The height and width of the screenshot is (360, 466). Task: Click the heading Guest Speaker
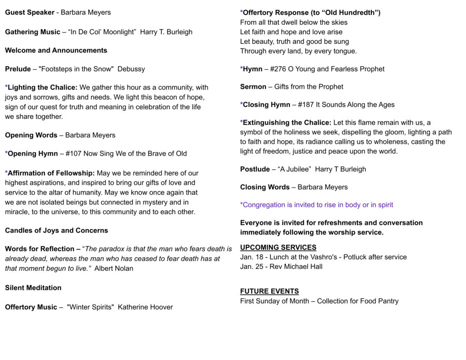click(x=30, y=12)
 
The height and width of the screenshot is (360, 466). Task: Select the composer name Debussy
click(x=131, y=69)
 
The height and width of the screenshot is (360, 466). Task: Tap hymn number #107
click(x=74, y=153)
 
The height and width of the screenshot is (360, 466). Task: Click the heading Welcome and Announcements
click(x=56, y=50)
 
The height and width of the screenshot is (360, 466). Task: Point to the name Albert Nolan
click(x=114, y=268)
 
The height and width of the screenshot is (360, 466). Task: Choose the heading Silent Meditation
click(x=33, y=288)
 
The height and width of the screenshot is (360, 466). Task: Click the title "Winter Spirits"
click(x=90, y=307)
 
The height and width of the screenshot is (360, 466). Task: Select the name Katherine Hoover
click(x=145, y=307)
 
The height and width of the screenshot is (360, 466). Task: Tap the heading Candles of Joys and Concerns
click(x=56, y=230)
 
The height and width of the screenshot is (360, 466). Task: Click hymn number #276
click(x=278, y=69)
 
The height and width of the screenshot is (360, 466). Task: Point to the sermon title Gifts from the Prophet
click(x=309, y=86)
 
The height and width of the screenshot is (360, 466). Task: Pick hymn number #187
click(x=306, y=105)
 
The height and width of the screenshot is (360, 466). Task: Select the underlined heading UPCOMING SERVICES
click(x=278, y=248)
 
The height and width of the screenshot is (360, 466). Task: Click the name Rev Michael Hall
click(x=296, y=267)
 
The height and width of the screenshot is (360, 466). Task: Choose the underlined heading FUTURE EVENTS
click(x=269, y=291)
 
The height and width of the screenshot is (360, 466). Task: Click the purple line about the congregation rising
click(x=316, y=205)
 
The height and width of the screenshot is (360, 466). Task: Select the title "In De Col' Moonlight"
click(x=102, y=32)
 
